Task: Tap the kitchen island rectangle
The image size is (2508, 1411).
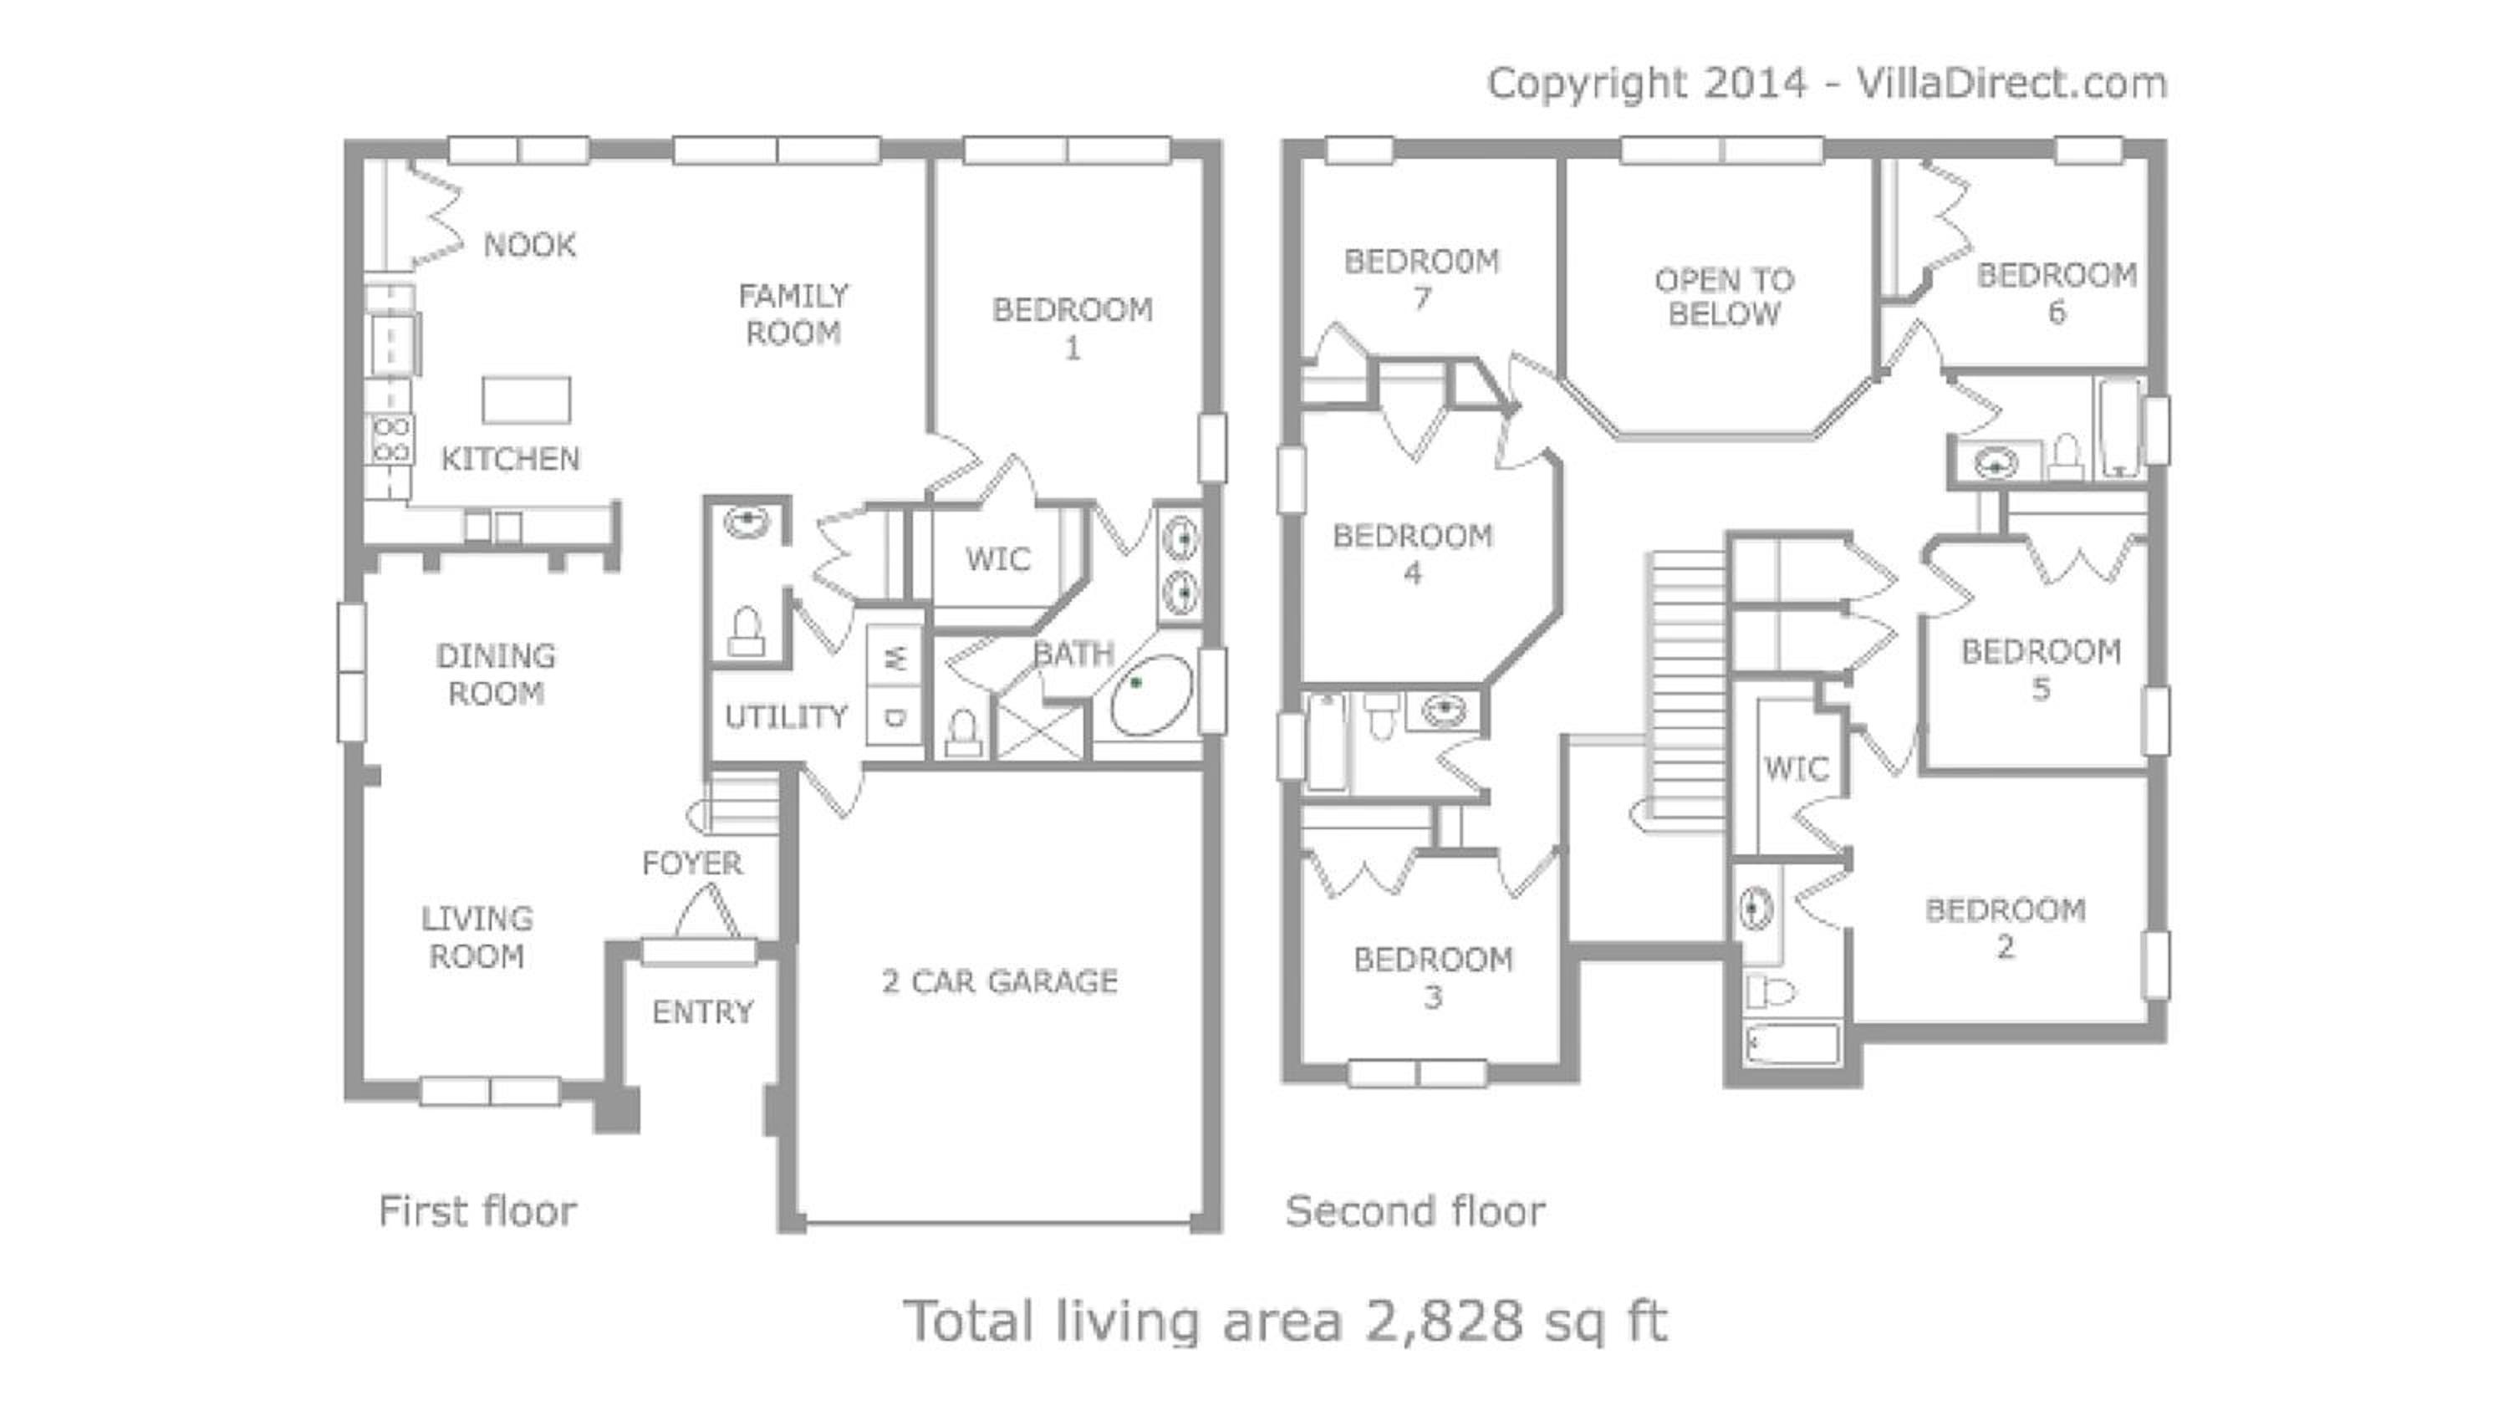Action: click(527, 400)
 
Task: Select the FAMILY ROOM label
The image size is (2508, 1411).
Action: click(793, 313)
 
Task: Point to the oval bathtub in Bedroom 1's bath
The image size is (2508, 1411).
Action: click(1152, 695)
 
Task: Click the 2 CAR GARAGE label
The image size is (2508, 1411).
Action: click(1000, 981)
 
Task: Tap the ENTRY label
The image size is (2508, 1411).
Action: click(703, 1013)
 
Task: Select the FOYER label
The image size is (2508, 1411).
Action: click(692, 863)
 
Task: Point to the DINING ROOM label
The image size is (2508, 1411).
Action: click(496, 674)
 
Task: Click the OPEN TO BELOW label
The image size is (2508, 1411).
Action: click(1724, 297)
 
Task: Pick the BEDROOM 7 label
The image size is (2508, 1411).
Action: click(1421, 278)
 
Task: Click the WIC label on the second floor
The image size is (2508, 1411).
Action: click(1797, 769)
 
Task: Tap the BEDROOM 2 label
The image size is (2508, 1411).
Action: click(2006, 928)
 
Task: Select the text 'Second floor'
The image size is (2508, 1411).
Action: click(1415, 1211)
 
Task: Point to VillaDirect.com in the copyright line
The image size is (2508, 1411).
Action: click(2011, 84)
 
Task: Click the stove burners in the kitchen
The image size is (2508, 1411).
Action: click(390, 439)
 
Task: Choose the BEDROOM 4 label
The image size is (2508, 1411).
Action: click(1413, 554)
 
